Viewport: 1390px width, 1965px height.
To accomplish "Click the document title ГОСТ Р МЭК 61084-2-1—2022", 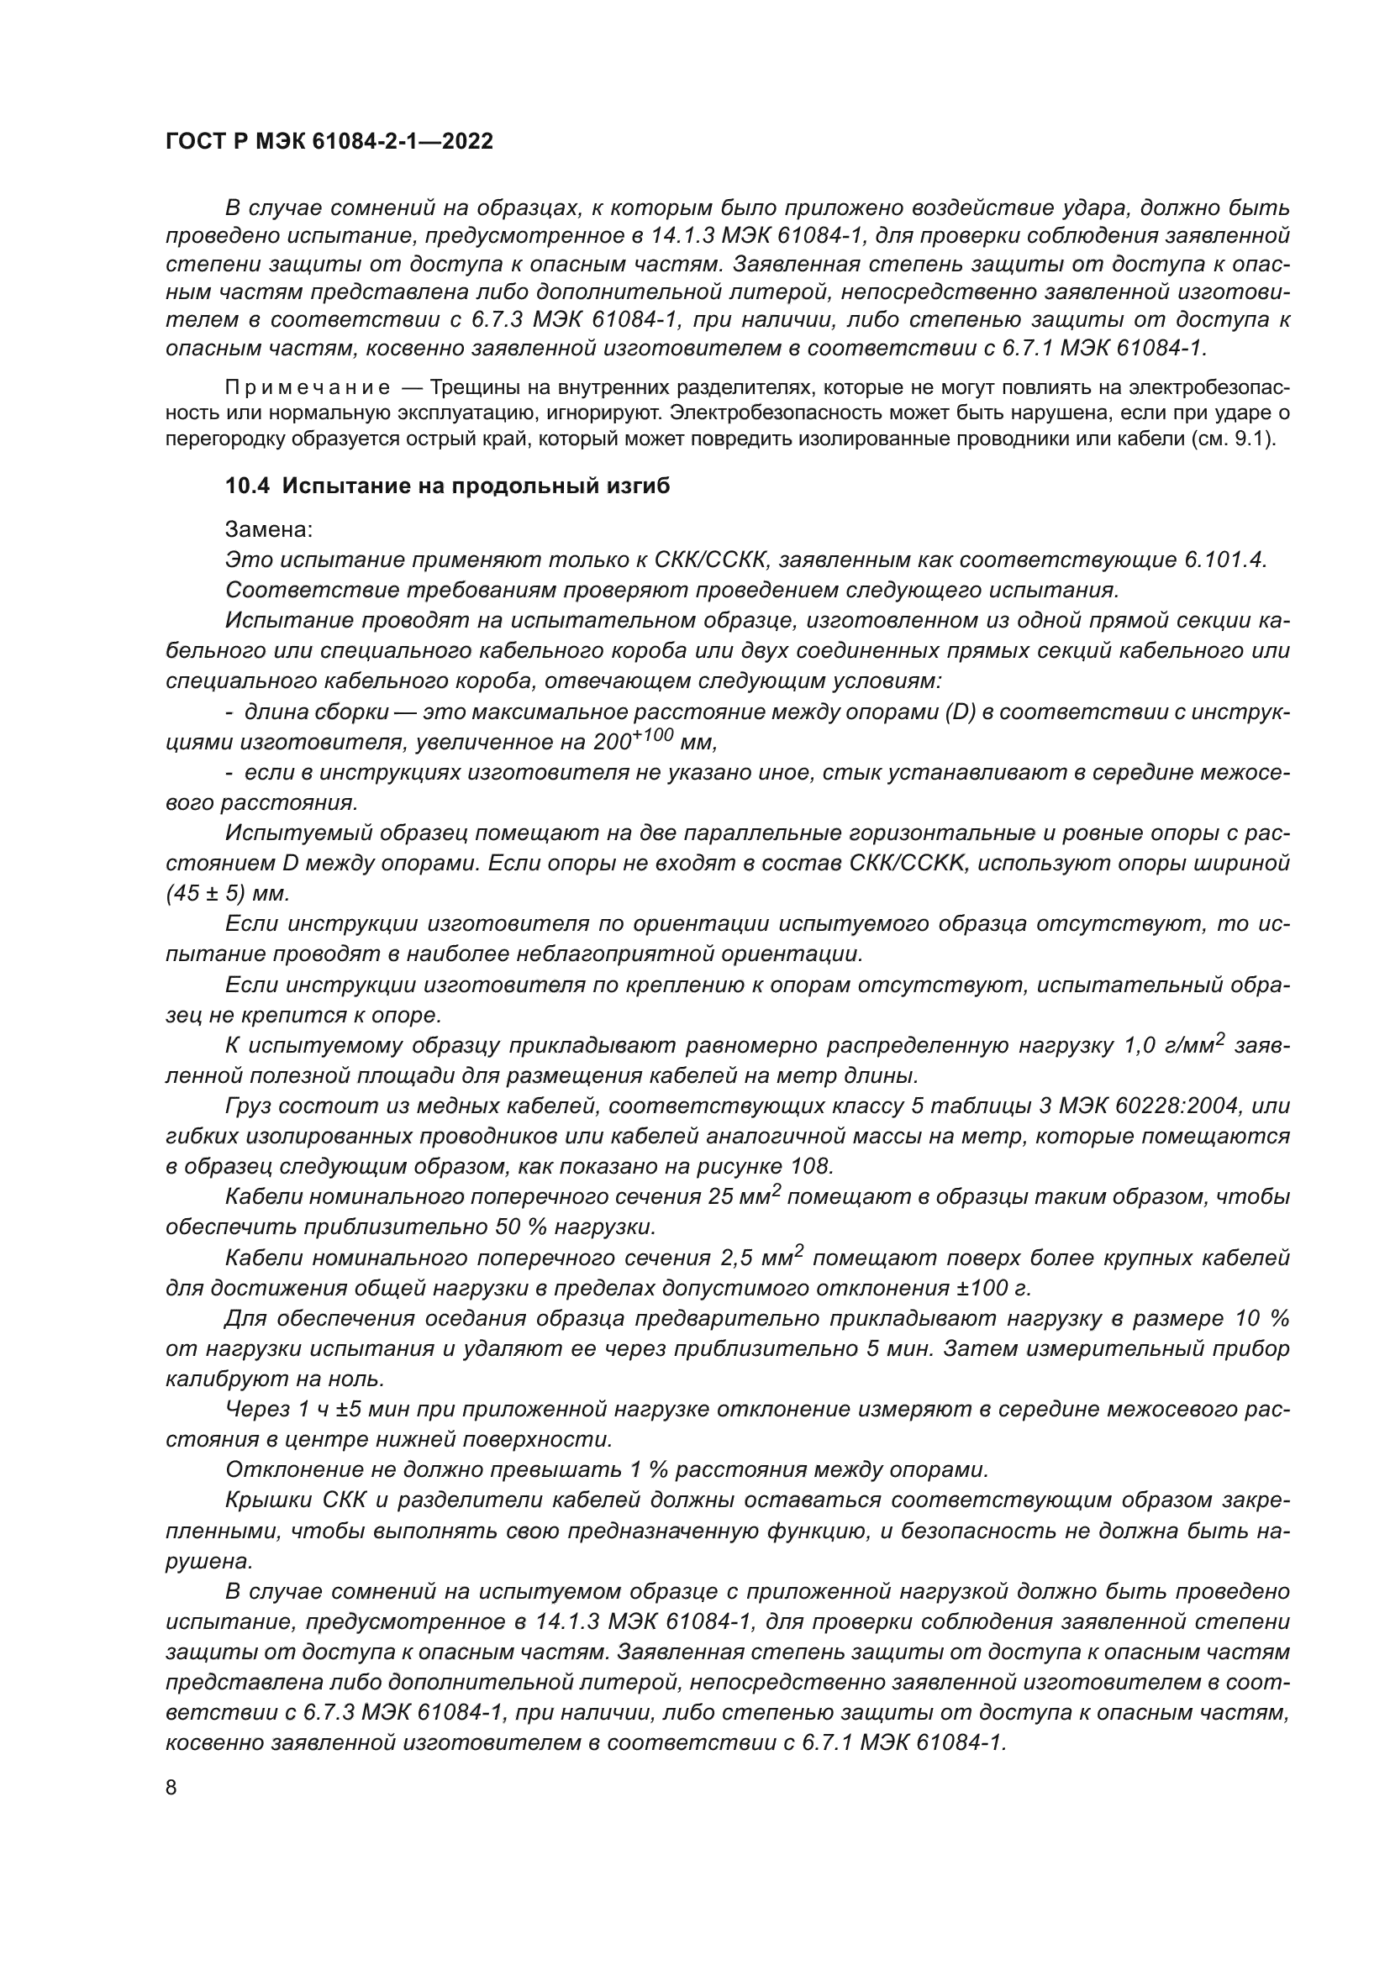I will tap(329, 142).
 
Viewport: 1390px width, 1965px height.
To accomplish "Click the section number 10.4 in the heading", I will tap(247, 486).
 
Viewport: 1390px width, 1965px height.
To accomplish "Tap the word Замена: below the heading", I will tap(269, 530).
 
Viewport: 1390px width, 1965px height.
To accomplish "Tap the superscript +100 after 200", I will tap(655, 735).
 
